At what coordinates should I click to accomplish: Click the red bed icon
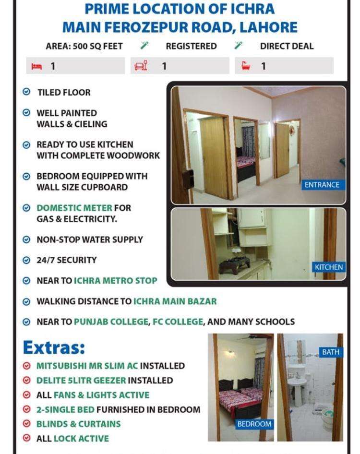(37, 66)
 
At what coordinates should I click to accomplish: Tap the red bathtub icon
(246, 66)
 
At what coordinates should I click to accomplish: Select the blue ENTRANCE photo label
(322, 185)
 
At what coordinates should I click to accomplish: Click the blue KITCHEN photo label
(329, 267)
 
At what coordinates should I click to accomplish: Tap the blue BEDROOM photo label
(254, 424)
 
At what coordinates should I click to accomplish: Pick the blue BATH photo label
(330, 352)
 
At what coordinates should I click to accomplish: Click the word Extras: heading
(54, 347)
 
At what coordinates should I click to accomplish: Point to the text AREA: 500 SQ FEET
(84, 47)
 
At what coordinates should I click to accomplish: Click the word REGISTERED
(191, 47)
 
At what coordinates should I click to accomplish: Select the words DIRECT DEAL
(287, 47)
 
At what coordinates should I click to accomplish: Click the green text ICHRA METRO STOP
(115, 281)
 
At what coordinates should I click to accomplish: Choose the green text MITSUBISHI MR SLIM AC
(87, 366)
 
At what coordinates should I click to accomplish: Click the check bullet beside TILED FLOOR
(27, 92)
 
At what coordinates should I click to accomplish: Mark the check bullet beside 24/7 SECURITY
(27, 260)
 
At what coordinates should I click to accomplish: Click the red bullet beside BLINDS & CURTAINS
(27, 424)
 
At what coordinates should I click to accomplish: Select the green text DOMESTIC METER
(74, 208)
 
